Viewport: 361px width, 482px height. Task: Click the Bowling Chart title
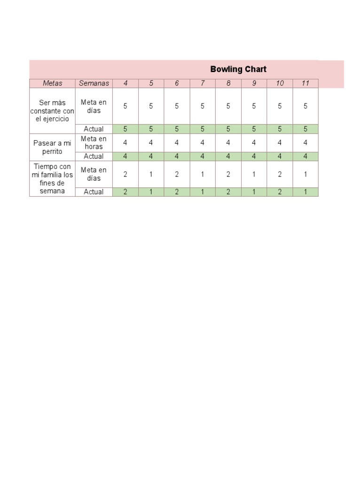point(238,69)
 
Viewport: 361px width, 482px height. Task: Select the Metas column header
point(52,83)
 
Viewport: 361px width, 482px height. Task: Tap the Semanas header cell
point(94,83)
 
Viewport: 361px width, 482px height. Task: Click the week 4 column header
point(126,83)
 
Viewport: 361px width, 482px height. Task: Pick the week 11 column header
point(306,83)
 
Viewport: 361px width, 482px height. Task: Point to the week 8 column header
point(228,83)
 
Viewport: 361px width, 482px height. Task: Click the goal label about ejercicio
point(52,111)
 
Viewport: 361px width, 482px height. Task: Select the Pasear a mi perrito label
point(52,147)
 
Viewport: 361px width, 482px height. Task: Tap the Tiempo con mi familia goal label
point(52,179)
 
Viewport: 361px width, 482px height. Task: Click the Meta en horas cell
point(94,143)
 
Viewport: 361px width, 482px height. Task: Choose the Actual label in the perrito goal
point(94,156)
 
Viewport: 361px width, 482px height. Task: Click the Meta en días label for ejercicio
point(94,106)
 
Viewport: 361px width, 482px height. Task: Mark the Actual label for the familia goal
point(94,192)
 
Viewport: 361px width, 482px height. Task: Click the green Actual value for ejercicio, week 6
point(177,129)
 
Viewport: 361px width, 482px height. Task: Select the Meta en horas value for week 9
point(254,143)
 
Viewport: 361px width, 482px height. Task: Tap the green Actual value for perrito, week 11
point(306,156)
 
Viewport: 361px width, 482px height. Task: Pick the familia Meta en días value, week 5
point(151,174)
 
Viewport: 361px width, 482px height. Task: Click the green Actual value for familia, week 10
point(280,192)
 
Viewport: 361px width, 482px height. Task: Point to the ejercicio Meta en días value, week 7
point(203,106)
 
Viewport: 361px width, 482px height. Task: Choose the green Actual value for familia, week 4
point(126,192)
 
